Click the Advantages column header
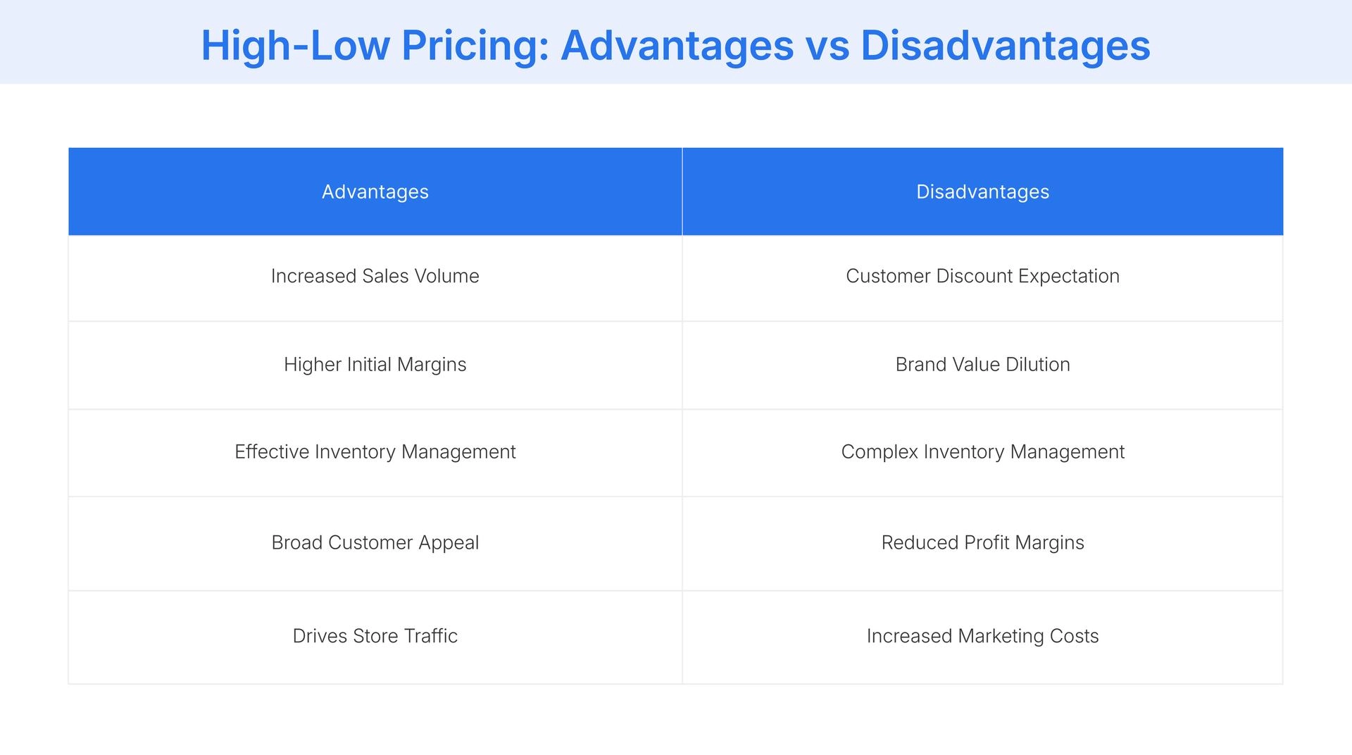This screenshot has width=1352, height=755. (375, 192)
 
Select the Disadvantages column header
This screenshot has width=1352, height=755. (982, 192)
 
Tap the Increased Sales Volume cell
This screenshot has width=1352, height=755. (375, 276)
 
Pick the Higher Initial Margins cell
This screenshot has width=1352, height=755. (375, 364)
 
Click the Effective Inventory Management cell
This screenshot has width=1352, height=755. (375, 451)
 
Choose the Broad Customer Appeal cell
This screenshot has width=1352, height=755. (375, 542)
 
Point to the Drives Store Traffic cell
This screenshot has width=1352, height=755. (375, 636)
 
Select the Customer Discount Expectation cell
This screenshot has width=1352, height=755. (982, 276)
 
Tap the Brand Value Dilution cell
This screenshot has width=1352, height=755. (982, 364)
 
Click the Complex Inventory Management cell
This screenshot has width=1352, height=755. (982, 451)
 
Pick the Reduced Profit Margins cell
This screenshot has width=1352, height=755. (982, 542)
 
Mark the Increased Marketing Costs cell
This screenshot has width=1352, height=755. (982, 636)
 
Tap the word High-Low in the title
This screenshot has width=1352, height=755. (295, 46)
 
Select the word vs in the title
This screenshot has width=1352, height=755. (827, 46)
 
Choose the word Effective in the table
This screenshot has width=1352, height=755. (272, 451)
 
